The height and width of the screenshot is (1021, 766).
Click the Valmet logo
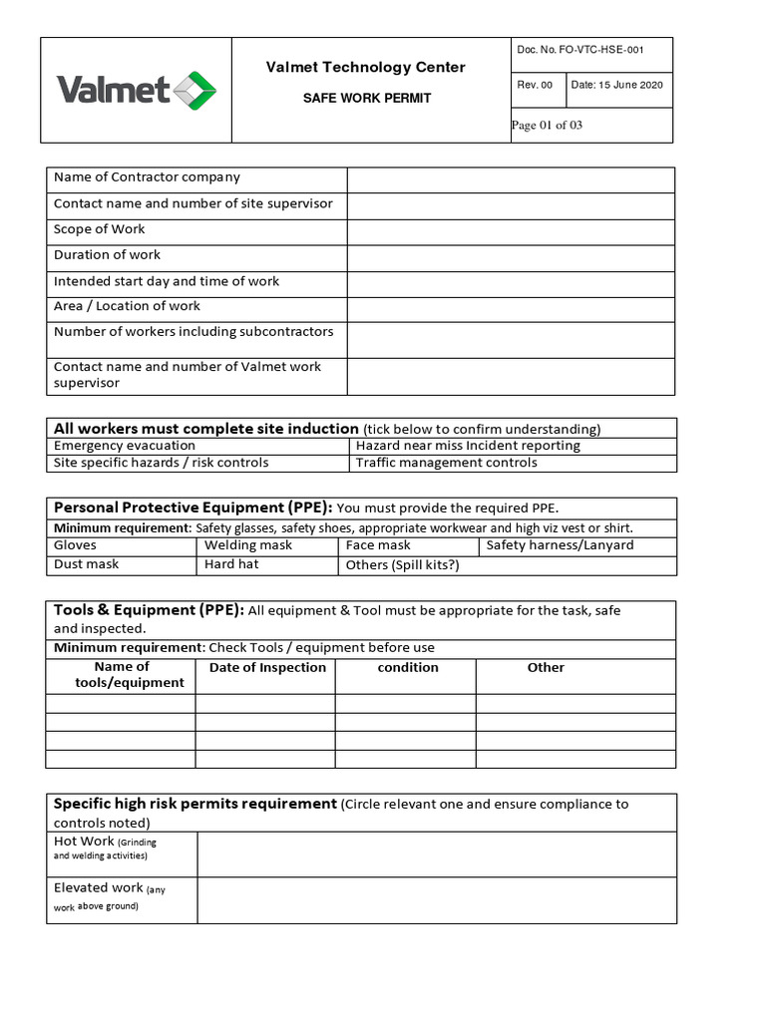pyautogui.click(x=136, y=91)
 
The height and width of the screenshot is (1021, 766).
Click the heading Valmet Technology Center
pyautogui.click(x=365, y=68)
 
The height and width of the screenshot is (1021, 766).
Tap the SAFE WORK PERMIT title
pyautogui.click(x=367, y=99)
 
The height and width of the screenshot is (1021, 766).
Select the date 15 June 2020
pyautogui.click(x=616, y=86)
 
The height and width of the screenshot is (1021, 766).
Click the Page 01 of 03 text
pyautogui.click(x=547, y=126)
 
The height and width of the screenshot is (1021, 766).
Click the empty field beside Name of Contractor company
pyautogui.click(x=511, y=179)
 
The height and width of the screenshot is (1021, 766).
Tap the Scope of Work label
pyautogui.click(x=100, y=229)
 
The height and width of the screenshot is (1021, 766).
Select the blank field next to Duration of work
pyautogui.click(x=511, y=256)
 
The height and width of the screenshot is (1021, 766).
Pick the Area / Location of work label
pyautogui.click(x=127, y=306)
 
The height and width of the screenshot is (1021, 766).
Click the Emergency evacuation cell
pyautogui.click(x=125, y=446)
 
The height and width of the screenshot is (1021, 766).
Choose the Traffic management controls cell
pyautogui.click(x=446, y=463)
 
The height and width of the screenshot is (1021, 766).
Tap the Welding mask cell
pyautogui.click(x=248, y=545)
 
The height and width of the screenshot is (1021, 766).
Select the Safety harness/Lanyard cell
pyautogui.click(x=560, y=545)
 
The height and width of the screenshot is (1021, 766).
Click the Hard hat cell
pyautogui.click(x=231, y=564)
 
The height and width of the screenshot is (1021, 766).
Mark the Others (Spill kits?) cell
pyautogui.click(x=402, y=565)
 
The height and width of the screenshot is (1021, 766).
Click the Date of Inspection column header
pyautogui.click(x=267, y=668)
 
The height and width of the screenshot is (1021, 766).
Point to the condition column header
pyautogui.click(x=408, y=668)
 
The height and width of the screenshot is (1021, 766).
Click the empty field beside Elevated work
pyautogui.click(x=437, y=899)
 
